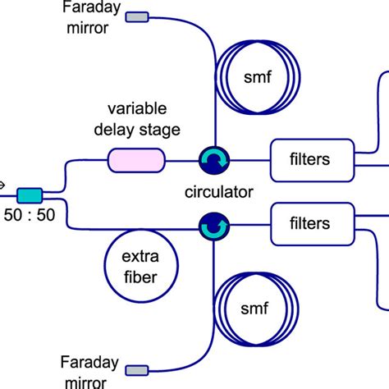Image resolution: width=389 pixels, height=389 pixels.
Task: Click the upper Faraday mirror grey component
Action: click(136, 16)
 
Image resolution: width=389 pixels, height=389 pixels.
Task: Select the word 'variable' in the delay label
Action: click(136, 108)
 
